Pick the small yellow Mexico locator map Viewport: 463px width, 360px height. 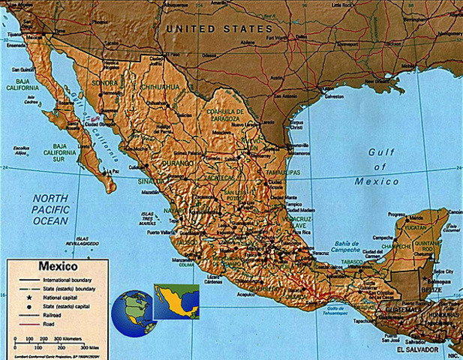click(x=176, y=301)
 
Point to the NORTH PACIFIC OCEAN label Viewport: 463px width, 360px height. click(x=51, y=209)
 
